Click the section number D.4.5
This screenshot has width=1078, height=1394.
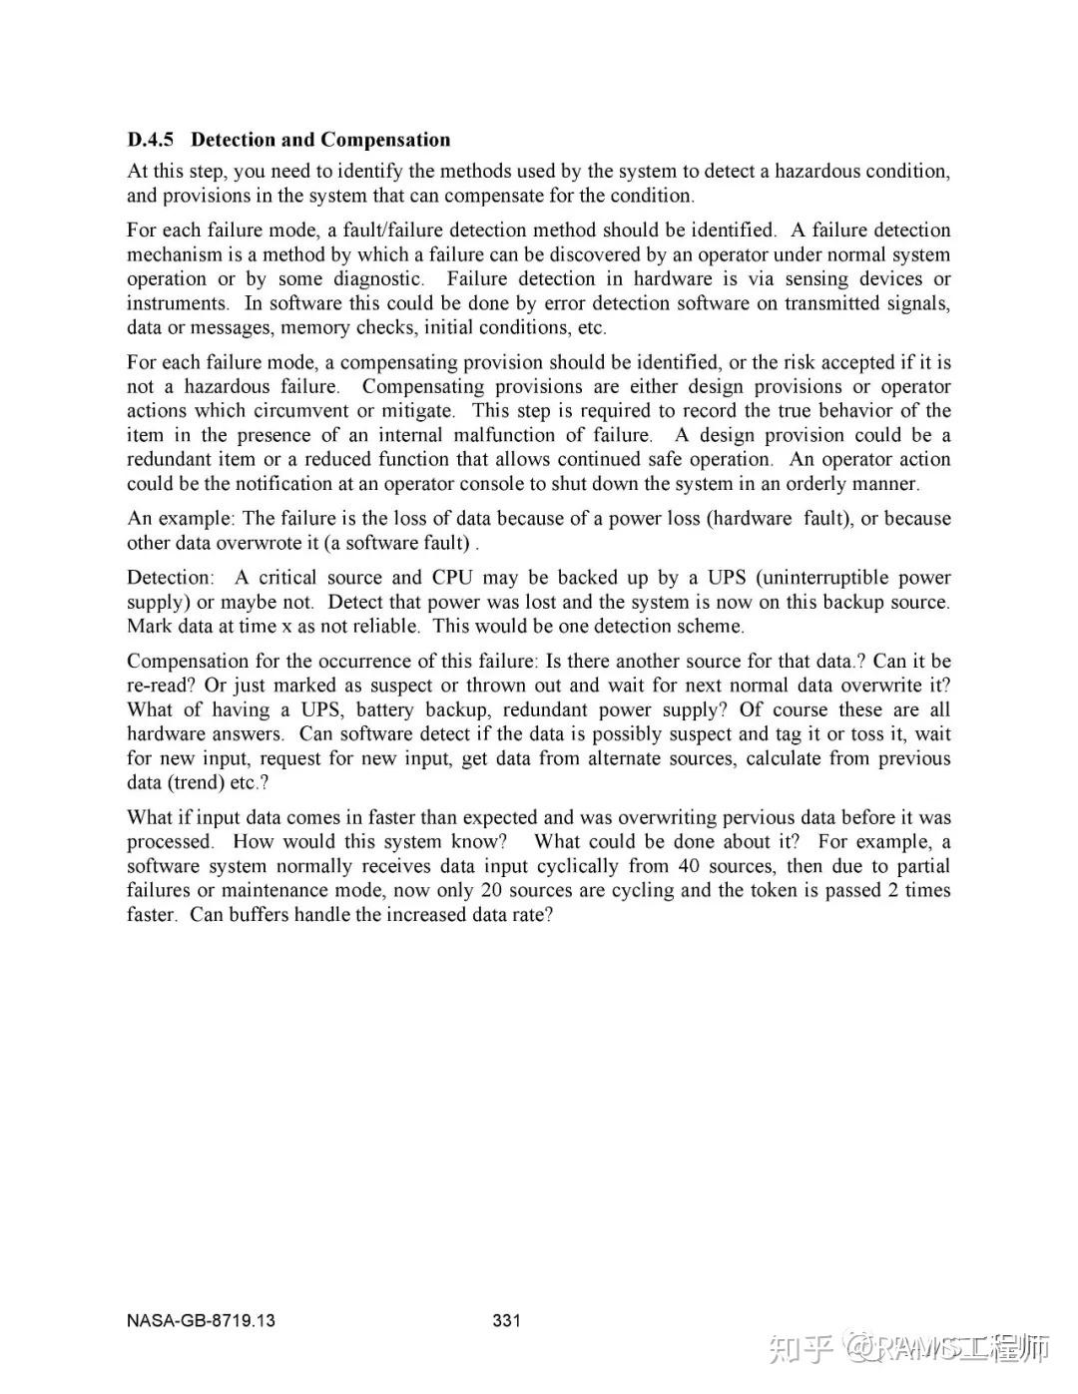pyautogui.click(x=151, y=140)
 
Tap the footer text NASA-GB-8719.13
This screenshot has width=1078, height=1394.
pyautogui.click(x=201, y=1321)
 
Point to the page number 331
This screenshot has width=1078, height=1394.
pyautogui.click(x=507, y=1321)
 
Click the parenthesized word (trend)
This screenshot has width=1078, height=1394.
pyautogui.click(x=197, y=783)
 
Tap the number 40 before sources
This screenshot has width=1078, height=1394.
pyautogui.click(x=689, y=866)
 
